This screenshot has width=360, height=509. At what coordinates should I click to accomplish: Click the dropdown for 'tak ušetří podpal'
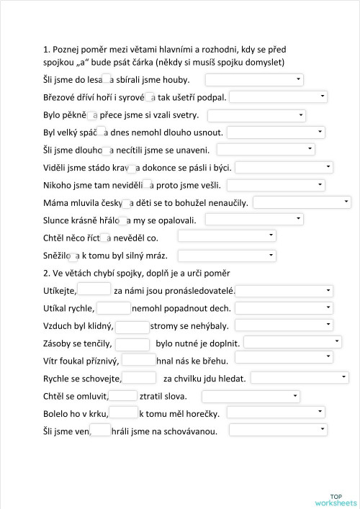(278, 96)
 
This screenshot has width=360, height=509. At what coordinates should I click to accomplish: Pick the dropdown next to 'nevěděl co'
(227, 236)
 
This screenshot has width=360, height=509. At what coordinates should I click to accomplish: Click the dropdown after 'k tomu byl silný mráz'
(227, 255)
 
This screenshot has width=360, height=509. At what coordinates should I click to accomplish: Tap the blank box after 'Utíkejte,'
(94, 289)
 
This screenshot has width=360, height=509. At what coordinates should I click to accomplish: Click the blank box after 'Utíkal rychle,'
(113, 307)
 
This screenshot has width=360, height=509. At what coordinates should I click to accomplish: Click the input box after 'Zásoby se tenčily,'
(132, 343)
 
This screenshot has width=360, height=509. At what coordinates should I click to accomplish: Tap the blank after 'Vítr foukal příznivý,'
(138, 359)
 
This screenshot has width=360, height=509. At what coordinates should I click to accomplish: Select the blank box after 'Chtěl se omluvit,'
(123, 395)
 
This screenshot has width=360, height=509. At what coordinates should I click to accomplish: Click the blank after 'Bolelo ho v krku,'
(124, 413)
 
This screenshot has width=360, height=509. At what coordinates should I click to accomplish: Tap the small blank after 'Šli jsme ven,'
(102, 431)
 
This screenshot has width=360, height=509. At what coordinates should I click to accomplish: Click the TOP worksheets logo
(336, 500)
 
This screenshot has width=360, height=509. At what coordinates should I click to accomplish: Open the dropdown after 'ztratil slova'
(251, 395)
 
